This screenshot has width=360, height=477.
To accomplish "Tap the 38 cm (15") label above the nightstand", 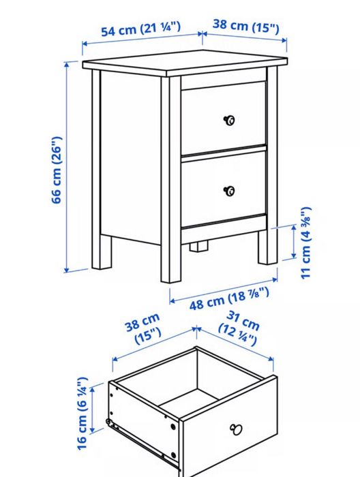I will point(245,27).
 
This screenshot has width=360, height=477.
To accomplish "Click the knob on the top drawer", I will point(229,121).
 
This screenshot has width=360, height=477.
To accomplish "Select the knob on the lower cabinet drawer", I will point(229,191).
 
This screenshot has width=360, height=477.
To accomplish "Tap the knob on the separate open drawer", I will point(237,429).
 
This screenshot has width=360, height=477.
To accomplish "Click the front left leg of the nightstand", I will point(170,259).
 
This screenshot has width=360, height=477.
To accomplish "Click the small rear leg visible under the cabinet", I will point(198,245).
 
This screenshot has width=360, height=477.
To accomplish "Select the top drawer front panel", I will point(223,118).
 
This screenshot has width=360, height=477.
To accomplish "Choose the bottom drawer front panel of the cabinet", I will point(223,189).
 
